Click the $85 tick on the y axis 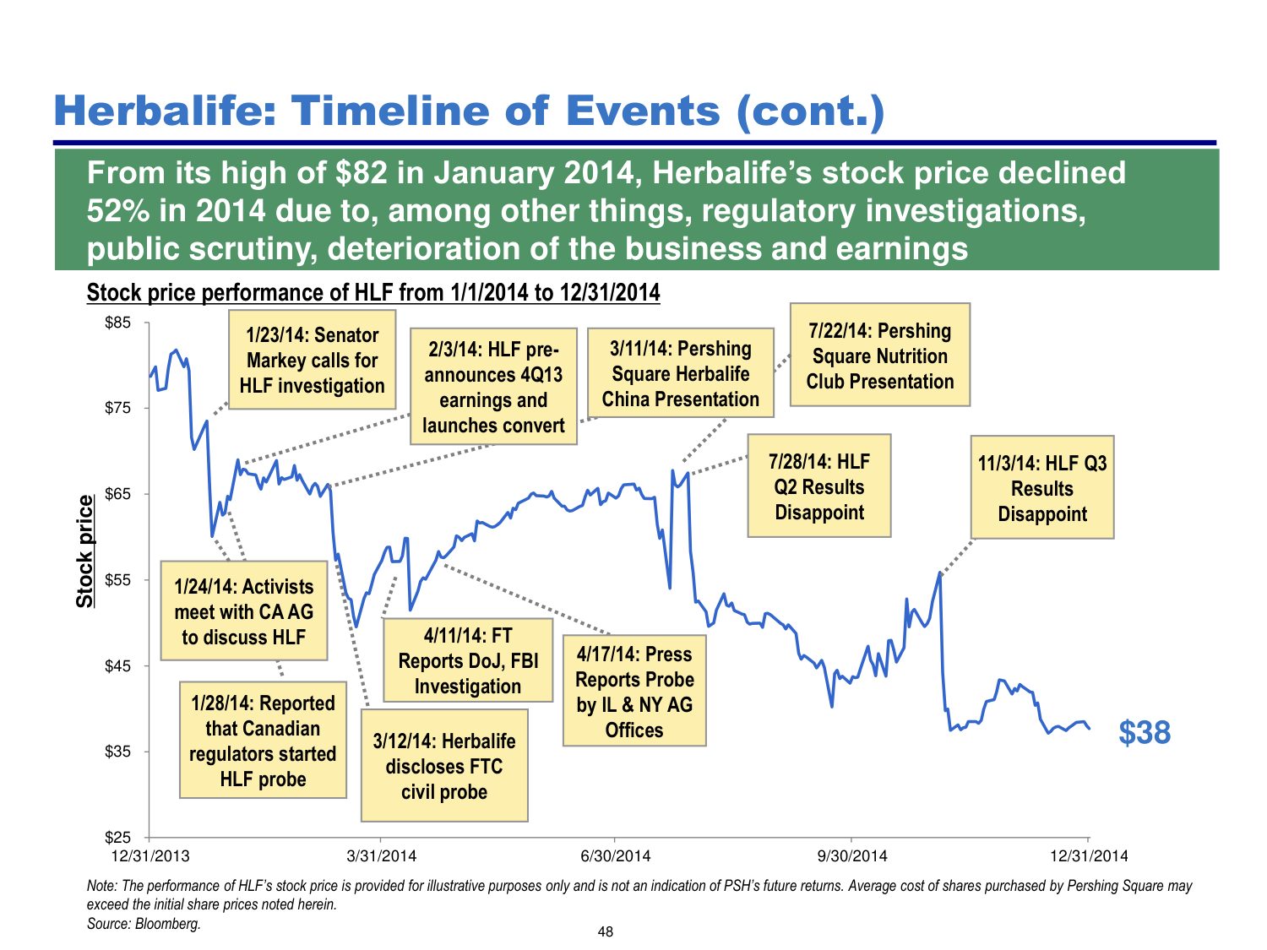(x=117, y=323)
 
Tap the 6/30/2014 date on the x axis (x=616, y=856)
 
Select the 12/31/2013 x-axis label (x=150, y=856)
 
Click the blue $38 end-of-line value (x=1144, y=732)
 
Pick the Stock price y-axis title (x=85, y=551)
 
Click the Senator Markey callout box (x=312, y=361)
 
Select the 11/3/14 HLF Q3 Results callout (x=1041, y=488)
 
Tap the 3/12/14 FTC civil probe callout (x=443, y=766)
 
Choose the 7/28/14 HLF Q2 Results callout (x=818, y=486)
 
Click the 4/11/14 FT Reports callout (x=467, y=661)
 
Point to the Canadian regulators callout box (x=263, y=741)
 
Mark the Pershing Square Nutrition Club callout (x=879, y=356)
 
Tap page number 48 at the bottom (x=605, y=932)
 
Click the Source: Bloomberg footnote (x=144, y=924)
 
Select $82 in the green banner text (x=362, y=173)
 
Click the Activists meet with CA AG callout (x=243, y=611)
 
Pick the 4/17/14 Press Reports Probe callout (x=633, y=692)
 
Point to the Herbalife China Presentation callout (x=680, y=373)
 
